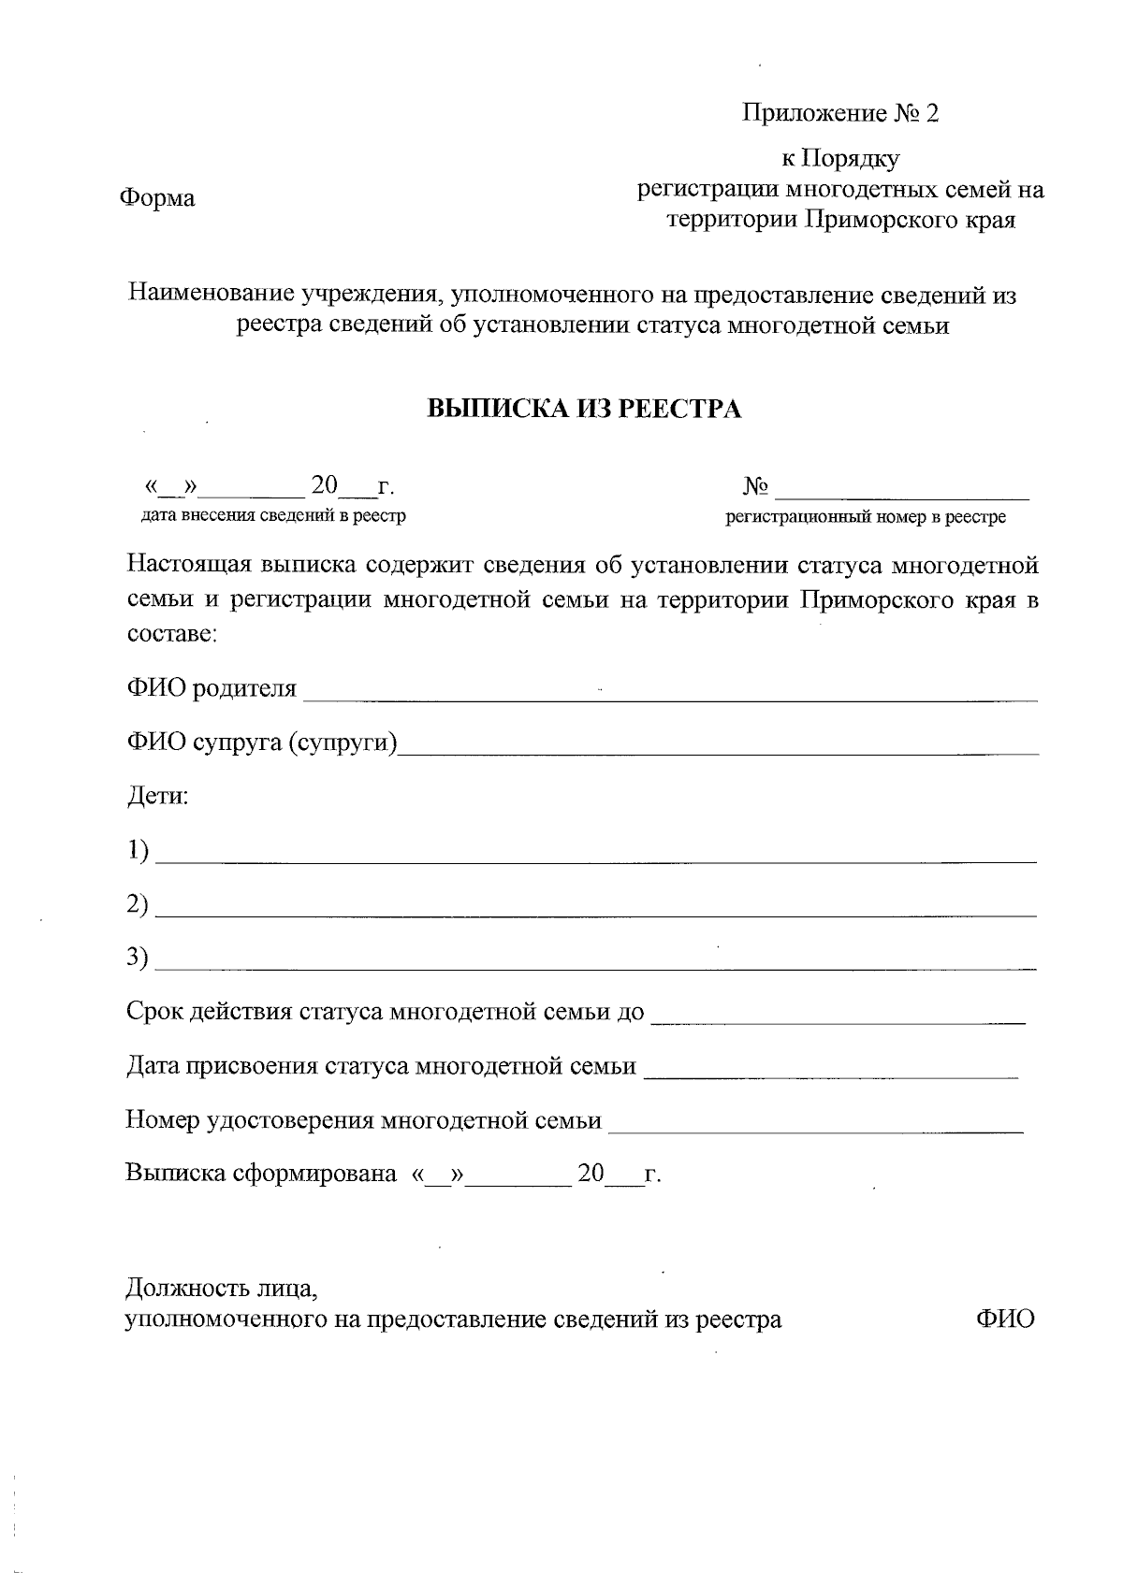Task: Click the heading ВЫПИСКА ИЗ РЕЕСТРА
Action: [x=584, y=410]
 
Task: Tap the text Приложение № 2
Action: [x=839, y=114]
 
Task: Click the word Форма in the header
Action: [x=156, y=199]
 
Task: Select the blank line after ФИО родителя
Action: [x=670, y=696]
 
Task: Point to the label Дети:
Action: [x=157, y=798]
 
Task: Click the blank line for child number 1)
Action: [x=596, y=857]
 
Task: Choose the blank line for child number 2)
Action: [x=596, y=911]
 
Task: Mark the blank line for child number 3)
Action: [x=596, y=964]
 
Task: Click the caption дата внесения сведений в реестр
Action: [x=273, y=515]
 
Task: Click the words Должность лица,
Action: [x=222, y=1289]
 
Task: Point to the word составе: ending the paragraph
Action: [x=172, y=634]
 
